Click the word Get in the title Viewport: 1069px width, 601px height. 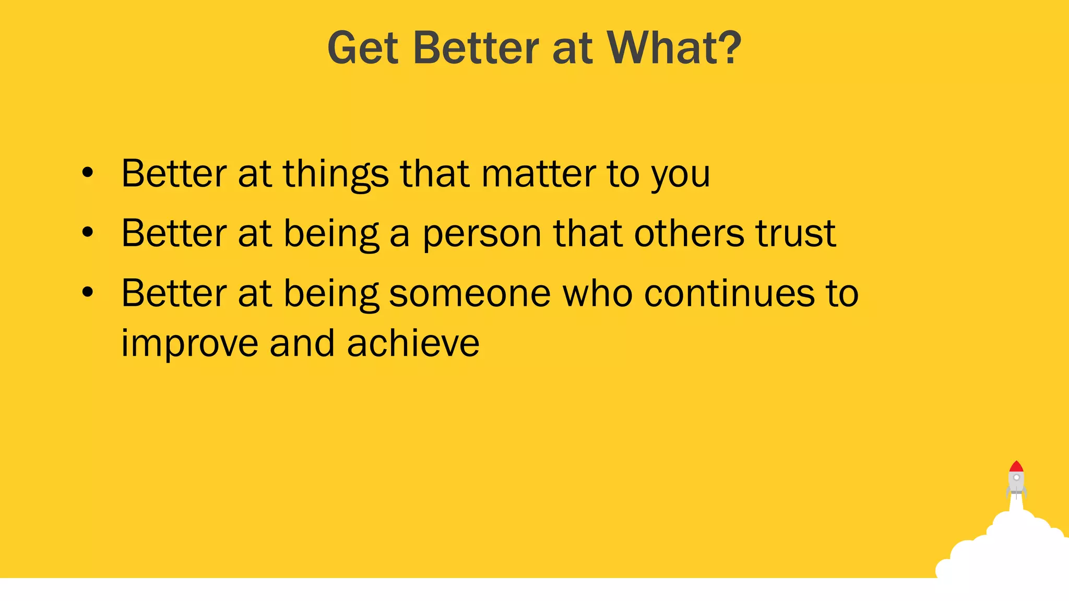(x=363, y=48)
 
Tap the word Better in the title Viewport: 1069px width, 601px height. (x=476, y=48)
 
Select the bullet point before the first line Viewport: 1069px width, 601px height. (x=88, y=173)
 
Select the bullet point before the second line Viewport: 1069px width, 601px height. (x=88, y=233)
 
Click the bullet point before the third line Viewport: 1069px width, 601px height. (x=88, y=293)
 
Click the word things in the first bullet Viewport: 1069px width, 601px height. (x=336, y=174)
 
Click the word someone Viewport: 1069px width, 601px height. (x=470, y=294)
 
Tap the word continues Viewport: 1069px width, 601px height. (x=729, y=294)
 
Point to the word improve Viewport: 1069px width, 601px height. (x=189, y=344)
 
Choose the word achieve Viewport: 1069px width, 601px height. (x=413, y=343)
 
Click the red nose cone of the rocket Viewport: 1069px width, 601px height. (x=1016, y=467)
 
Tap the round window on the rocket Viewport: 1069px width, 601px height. (x=1016, y=477)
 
